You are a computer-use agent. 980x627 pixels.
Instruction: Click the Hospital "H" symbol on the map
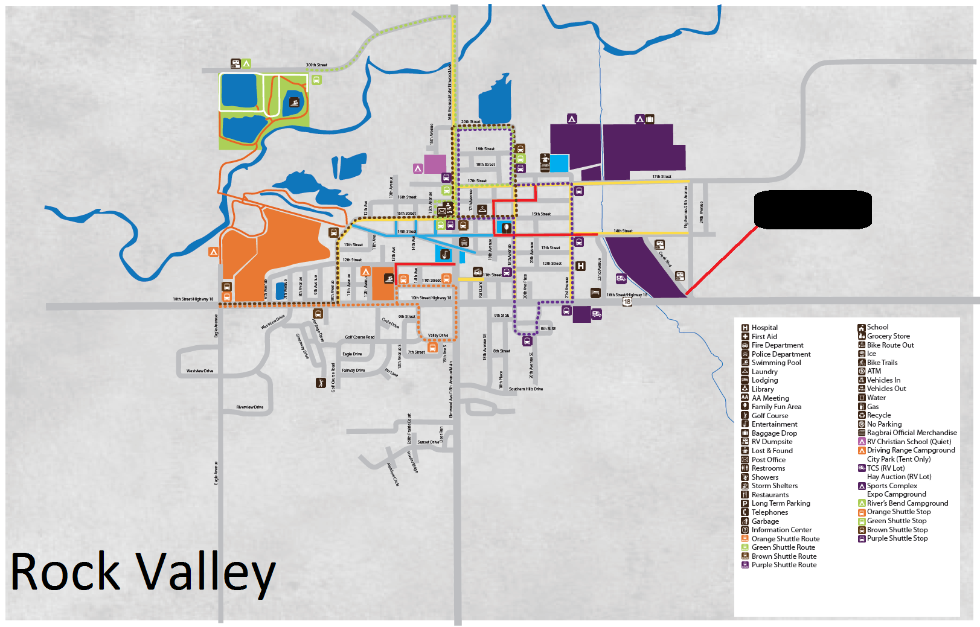tap(580, 266)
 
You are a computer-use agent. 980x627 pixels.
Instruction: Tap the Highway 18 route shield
tap(627, 302)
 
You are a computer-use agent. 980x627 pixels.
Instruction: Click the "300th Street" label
tap(316, 65)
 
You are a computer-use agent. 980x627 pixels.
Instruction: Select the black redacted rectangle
tap(813, 209)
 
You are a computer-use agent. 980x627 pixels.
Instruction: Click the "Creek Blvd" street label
tap(665, 259)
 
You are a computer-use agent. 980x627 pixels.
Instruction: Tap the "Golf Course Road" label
tap(359, 337)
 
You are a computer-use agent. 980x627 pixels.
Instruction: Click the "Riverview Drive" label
tap(249, 407)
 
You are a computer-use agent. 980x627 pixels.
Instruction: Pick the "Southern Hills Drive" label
tap(525, 389)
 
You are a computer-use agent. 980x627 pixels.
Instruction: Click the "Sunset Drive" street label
tap(428, 442)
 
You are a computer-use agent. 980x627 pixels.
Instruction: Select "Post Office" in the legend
tap(768, 460)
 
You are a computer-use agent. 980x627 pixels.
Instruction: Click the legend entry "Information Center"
tap(781, 530)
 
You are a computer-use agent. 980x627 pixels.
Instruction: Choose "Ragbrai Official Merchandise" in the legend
tap(912, 433)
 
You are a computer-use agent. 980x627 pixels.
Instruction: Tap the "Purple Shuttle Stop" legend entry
tap(897, 538)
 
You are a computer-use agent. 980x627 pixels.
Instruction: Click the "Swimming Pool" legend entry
tap(776, 363)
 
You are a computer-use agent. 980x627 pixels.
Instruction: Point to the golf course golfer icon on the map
tap(321, 383)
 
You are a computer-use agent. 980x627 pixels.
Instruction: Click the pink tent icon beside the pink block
tap(417, 168)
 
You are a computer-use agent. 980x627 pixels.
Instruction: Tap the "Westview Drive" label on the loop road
tap(200, 371)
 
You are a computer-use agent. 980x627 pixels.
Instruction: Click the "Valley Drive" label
tap(438, 336)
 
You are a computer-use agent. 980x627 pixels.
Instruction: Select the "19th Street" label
tap(485, 149)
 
